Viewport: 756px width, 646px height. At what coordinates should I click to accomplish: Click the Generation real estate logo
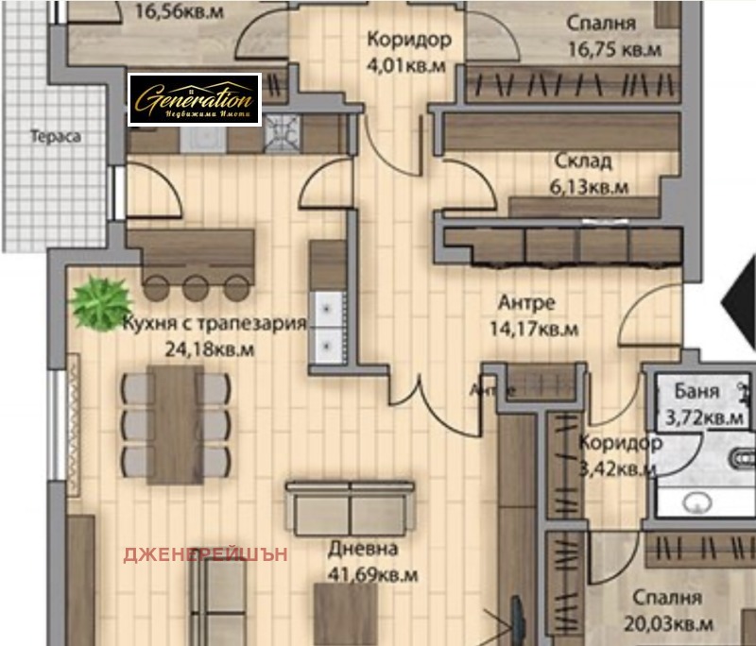195,99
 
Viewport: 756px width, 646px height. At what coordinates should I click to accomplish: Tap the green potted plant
99,301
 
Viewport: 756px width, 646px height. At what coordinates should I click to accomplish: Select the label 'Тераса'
56,135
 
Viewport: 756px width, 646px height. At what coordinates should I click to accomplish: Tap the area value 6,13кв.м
589,187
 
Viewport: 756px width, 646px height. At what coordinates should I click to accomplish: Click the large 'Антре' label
526,303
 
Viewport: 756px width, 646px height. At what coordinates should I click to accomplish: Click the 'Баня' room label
696,390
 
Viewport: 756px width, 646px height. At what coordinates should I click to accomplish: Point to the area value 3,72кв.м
704,416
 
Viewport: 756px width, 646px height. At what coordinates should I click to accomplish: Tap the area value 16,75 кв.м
613,49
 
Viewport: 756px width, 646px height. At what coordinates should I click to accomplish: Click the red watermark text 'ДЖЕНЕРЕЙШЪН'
205,554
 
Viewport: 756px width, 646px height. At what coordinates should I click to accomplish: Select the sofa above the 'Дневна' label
351,509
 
